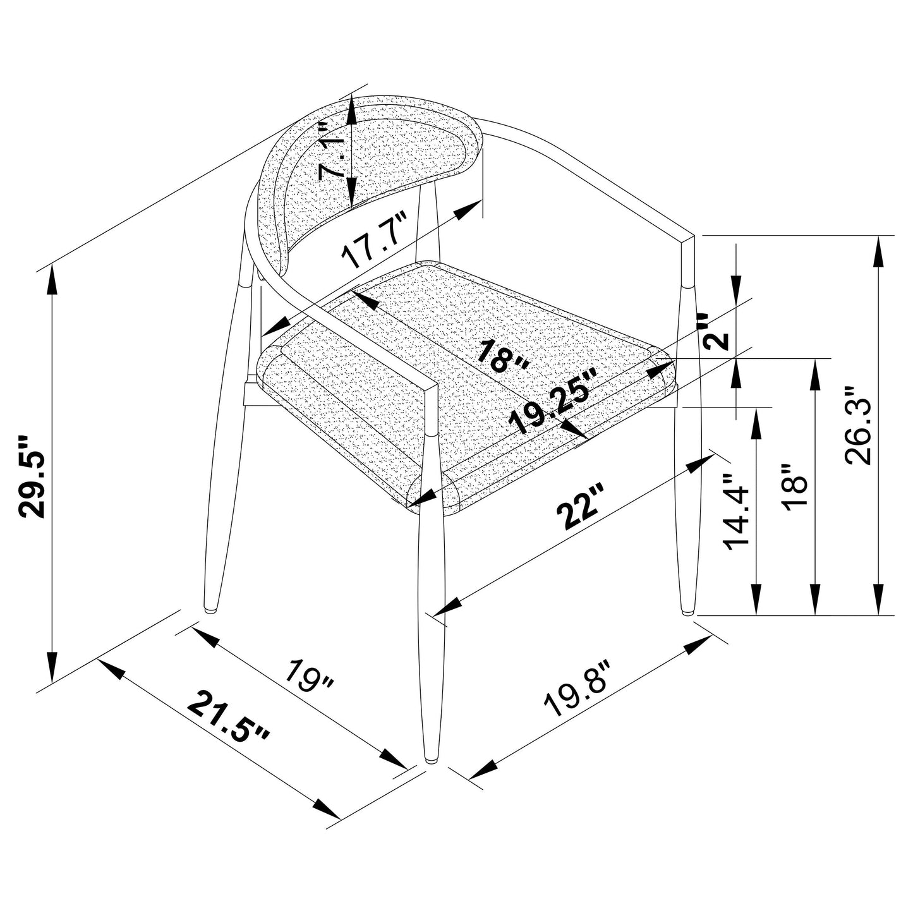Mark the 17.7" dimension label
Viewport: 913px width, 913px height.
click(x=374, y=241)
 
